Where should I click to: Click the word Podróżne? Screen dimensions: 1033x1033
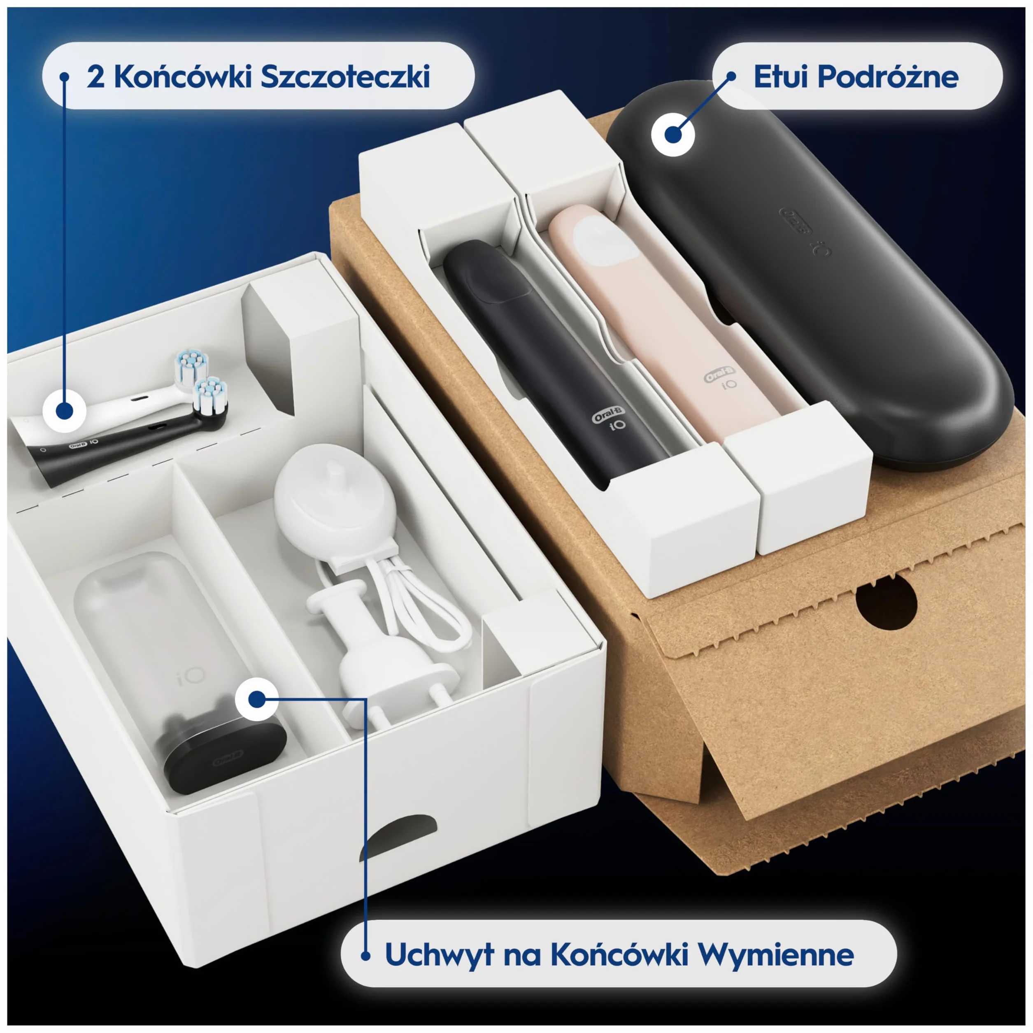coord(889,77)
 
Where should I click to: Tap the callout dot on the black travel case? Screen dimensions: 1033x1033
coord(672,134)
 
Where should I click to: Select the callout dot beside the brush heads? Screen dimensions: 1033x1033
coord(64,411)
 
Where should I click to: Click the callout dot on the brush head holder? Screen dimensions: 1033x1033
coord(257,699)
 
